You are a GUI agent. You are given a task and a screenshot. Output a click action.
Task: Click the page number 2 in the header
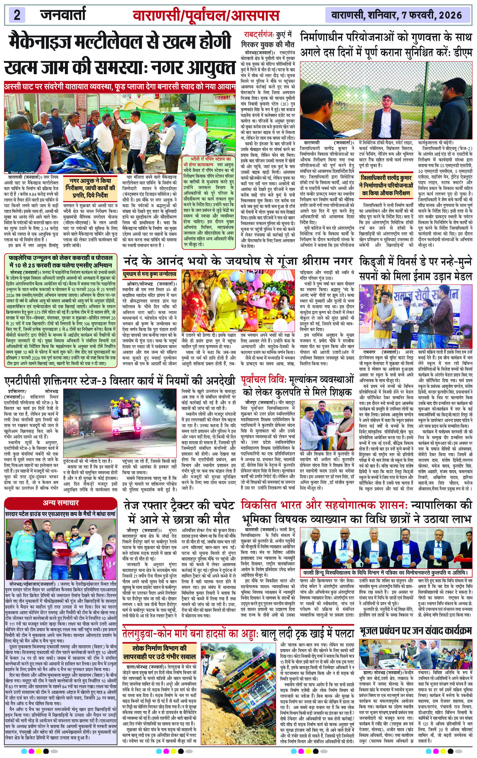17,15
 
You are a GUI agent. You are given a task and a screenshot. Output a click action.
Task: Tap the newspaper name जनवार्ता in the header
63,15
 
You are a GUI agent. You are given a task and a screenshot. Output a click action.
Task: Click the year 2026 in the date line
450,15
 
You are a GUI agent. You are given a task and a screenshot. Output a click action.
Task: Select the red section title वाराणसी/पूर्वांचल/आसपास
206,16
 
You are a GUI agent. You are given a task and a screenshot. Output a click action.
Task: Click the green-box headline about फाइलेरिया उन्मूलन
61,262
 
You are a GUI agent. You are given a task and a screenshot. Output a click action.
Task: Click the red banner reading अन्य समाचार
61,502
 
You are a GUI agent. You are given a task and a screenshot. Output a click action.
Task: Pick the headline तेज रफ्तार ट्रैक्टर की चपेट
179,512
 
